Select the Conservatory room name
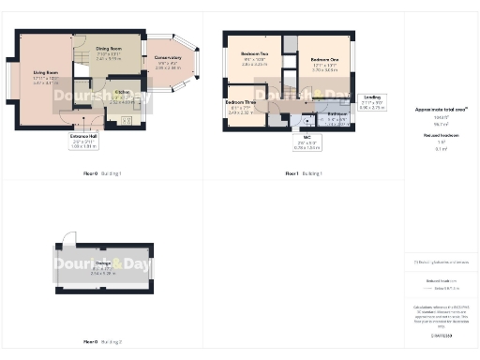click(168, 62)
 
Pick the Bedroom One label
click(324, 59)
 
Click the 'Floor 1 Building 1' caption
click(304, 173)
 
